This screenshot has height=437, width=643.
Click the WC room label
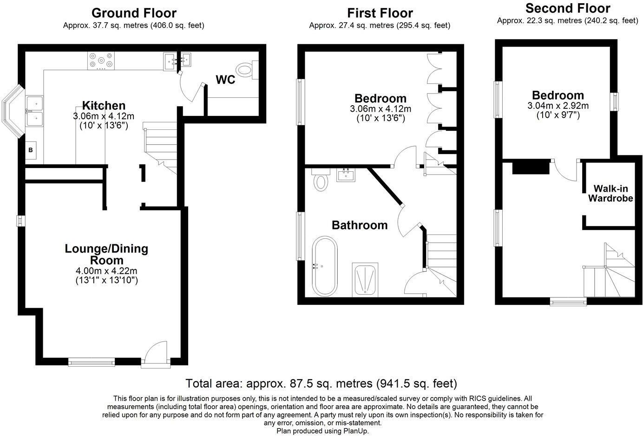pyautogui.click(x=225, y=80)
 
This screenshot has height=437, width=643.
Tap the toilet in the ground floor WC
pyautogui.click(x=247, y=70)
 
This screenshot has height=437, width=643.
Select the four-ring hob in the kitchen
pyautogui.click(x=101, y=61)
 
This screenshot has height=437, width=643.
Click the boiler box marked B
pyautogui.click(x=31, y=150)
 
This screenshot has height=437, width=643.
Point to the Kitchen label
pyautogui.click(x=104, y=106)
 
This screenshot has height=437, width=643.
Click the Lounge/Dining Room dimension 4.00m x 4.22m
pyautogui.click(x=106, y=271)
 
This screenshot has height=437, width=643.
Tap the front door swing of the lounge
pyautogui.click(x=156, y=353)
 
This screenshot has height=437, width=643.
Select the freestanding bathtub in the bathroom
pyautogui.click(x=325, y=267)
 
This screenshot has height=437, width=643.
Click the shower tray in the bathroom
pyautogui.click(x=365, y=280)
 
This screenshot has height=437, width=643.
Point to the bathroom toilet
pyautogui.click(x=321, y=180)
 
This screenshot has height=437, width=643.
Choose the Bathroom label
pyautogui.click(x=360, y=225)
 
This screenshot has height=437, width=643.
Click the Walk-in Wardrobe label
pyautogui.click(x=610, y=193)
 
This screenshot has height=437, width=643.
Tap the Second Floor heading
pyautogui.click(x=568, y=8)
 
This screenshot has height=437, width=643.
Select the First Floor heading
pyautogui.click(x=380, y=13)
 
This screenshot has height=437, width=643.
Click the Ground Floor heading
pyautogui.click(x=134, y=13)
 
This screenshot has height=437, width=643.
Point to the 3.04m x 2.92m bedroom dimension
pyautogui.click(x=558, y=106)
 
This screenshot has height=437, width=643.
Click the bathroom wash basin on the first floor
pyautogui.click(x=346, y=175)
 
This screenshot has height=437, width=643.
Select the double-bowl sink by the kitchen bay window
pyautogui.click(x=34, y=111)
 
